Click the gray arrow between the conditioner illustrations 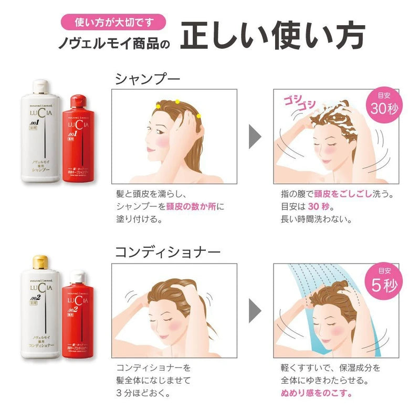click(x=255, y=310)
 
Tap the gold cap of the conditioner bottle click(x=41, y=261)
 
